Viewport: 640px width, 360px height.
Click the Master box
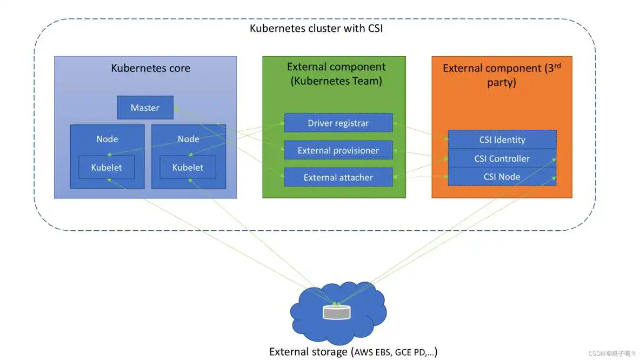(145, 108)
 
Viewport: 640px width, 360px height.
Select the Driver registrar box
(338, 123)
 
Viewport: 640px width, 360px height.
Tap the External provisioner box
(338, 150)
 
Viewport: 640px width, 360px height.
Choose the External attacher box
(338, 177)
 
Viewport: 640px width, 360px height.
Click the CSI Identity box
(502, 139)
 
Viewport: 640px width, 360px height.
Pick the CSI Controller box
(502, 158)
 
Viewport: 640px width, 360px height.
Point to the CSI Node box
(502, 177)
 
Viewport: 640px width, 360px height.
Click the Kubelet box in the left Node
(106, 168)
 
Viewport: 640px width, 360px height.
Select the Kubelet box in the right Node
(188, 168)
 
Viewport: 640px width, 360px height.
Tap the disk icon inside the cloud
(336, 312)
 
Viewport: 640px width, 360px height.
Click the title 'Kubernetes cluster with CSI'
(316, 28)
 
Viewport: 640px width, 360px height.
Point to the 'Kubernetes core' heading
(150, 68)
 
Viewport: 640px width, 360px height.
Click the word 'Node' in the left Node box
(107, 139)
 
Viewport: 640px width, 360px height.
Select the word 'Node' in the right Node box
(188, 139)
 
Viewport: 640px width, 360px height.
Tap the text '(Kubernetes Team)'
(337, 81)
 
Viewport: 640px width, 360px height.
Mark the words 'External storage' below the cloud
(309, 352)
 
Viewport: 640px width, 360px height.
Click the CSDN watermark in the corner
(611, 353)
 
